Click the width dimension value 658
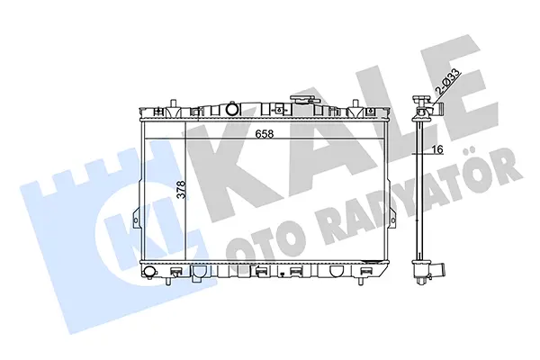(265, 134)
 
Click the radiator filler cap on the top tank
(303, 100)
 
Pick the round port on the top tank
(232, 110)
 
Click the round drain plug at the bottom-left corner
(149, 271)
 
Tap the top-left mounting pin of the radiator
(174, 103)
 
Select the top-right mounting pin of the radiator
(355, 103)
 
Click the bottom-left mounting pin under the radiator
(167, 281)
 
